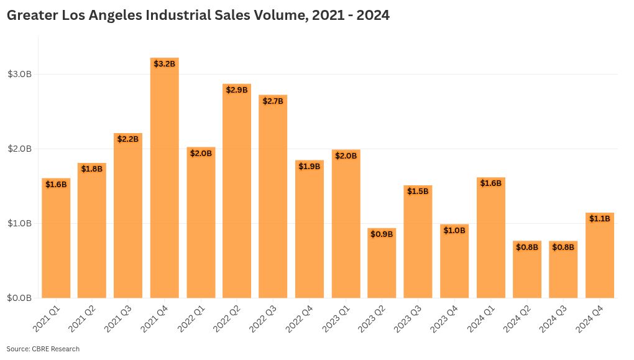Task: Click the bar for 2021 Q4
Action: pos(164,180)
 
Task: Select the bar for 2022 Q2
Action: pos(237,193)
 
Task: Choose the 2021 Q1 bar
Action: pos(56,239)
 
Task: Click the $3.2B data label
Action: pos(164,64)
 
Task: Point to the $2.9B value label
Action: pos(237,90)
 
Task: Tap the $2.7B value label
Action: pos(273,101)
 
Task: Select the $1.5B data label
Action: pos(418,192)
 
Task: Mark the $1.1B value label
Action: pos(599,219)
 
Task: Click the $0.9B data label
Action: pos(382,234)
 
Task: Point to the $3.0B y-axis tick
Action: pos(19,75)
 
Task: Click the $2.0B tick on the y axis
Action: pos(19,149)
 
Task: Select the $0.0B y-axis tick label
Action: pos(19,298)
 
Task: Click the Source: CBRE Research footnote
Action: pos(43,349)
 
